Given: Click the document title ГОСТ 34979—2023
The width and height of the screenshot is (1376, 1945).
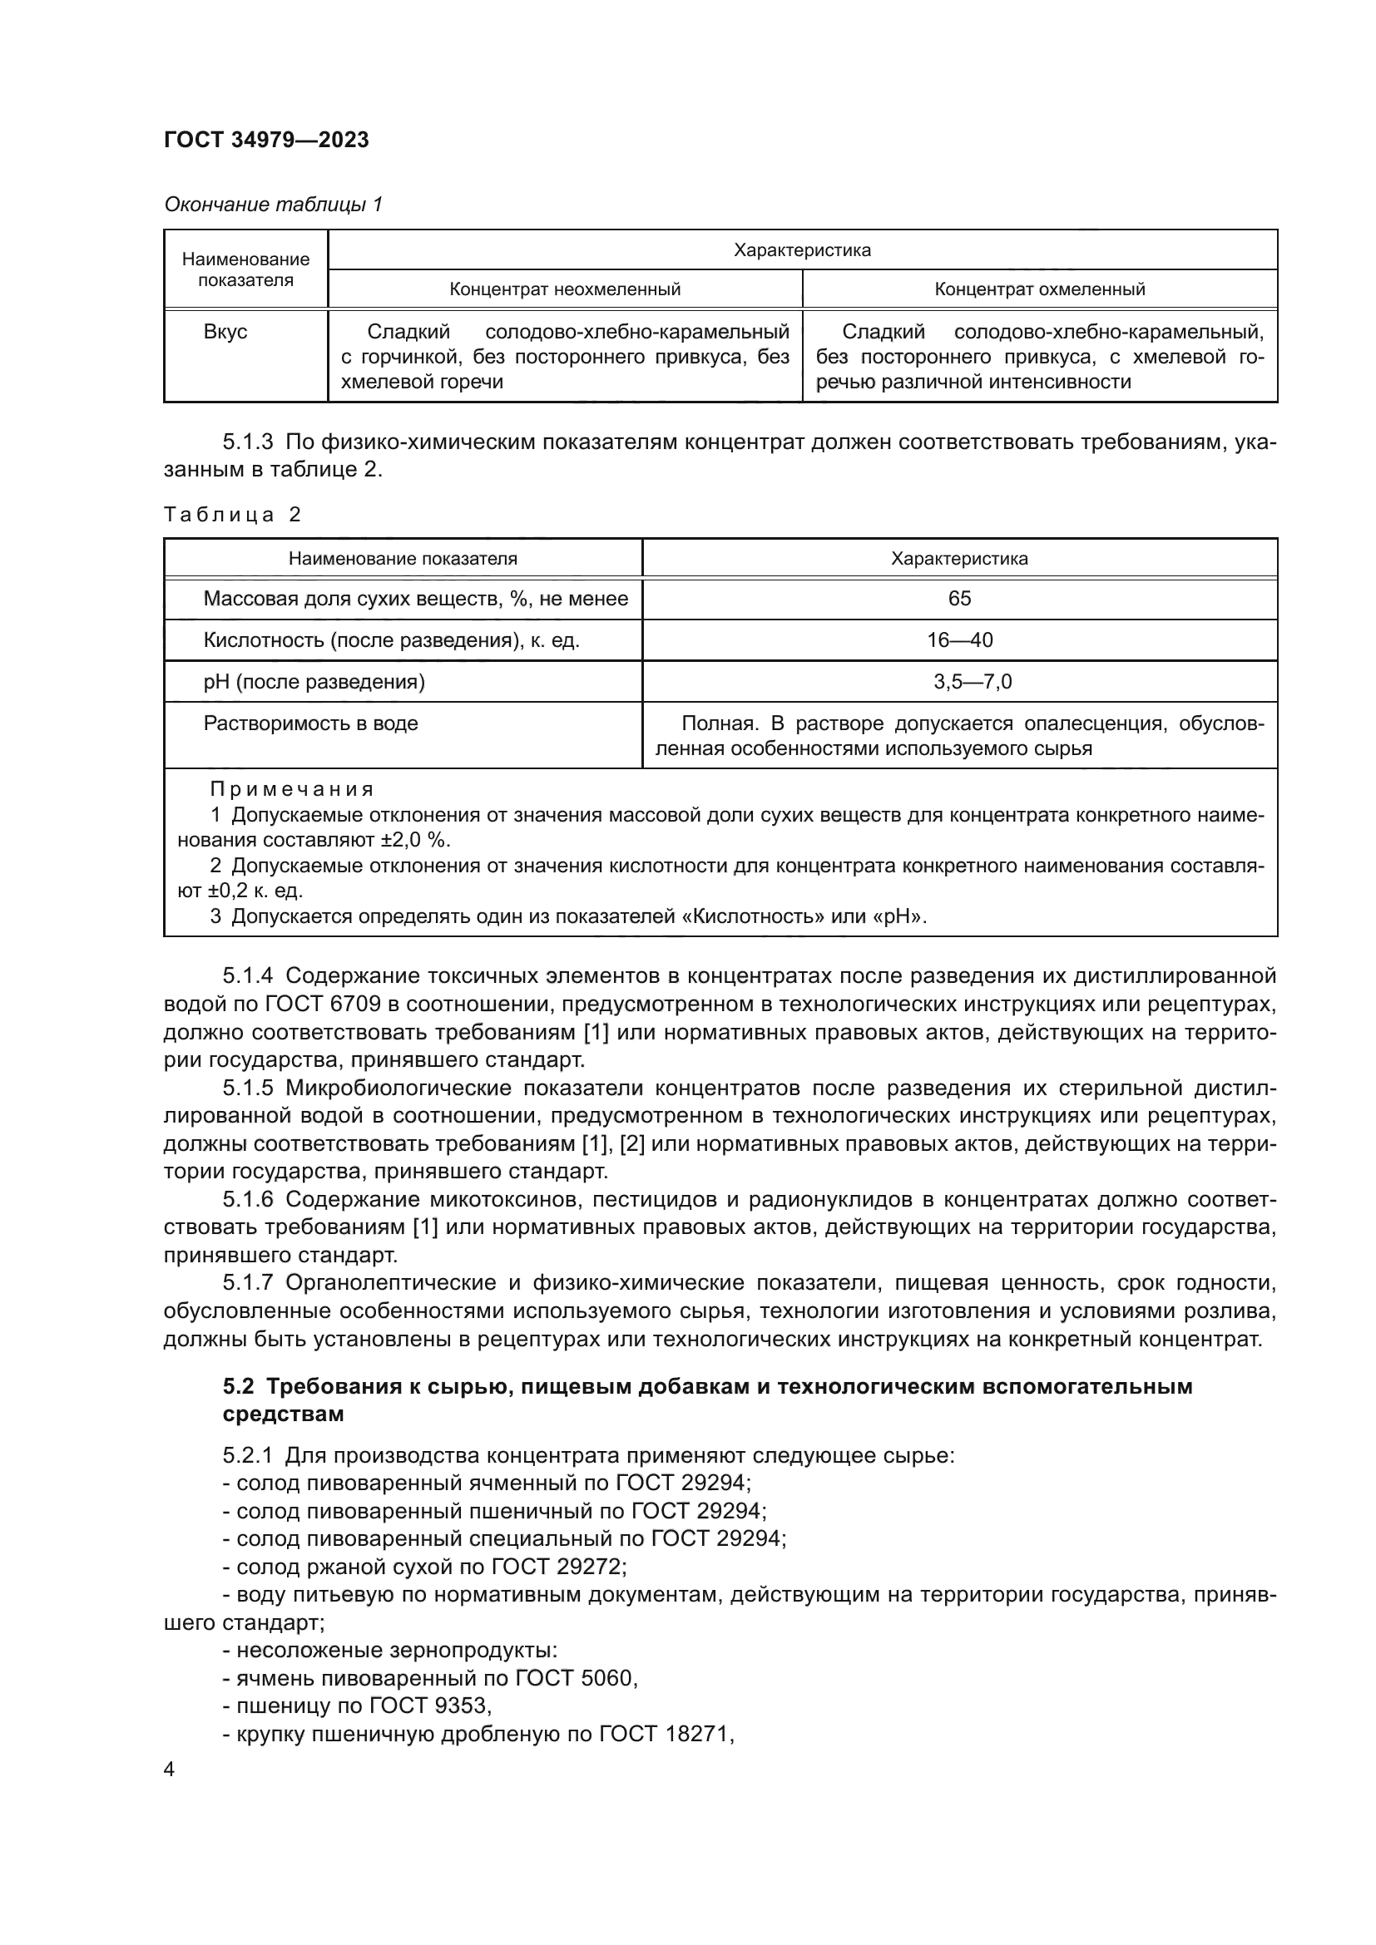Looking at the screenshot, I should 266,141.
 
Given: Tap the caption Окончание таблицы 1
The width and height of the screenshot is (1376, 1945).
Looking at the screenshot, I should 273,205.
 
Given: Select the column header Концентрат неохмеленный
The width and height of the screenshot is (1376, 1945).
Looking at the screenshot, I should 564,289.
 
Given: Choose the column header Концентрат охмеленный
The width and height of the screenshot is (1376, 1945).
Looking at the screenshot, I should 1040,289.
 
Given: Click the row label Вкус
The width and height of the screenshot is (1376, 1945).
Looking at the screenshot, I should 225,332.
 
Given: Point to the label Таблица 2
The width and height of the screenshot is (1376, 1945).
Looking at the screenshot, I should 233,514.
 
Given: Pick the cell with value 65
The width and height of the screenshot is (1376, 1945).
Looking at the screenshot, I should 959,599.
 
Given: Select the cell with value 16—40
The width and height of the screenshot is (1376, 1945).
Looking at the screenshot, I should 959,640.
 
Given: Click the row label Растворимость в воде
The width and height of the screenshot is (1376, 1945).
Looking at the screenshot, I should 310,723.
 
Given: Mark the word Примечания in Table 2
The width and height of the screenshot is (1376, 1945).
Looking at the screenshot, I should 291,789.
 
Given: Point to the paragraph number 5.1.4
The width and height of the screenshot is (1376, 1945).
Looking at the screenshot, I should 247,976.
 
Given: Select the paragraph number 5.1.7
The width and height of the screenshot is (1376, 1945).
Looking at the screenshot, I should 247,1283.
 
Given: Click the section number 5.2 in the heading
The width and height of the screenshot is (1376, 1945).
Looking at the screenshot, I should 238,1387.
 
